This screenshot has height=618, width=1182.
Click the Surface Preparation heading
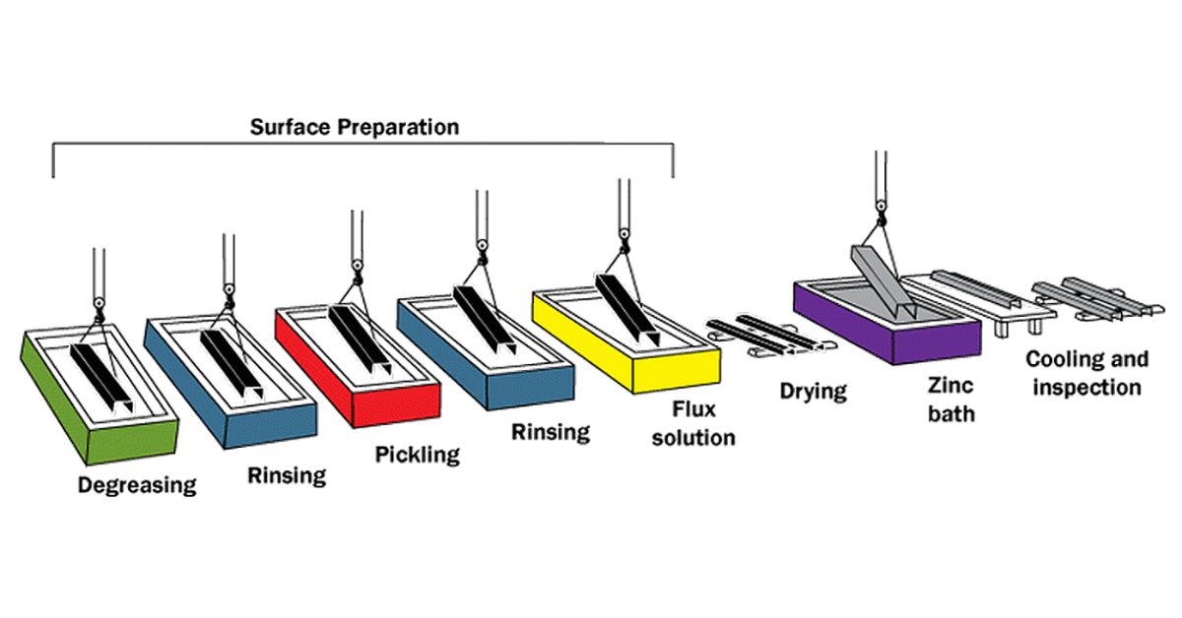(x=354, y=127)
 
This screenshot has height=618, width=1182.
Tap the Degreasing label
(x=137, y=484)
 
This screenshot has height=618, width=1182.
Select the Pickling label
(x=417, y=454)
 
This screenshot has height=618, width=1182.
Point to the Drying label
(x=813, y=391)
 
